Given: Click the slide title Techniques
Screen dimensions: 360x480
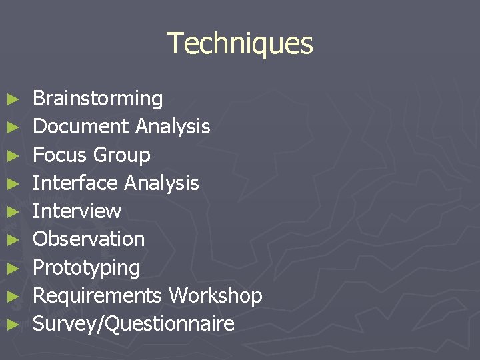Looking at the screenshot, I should point(239,43).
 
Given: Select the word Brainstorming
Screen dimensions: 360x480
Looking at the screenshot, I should point(97,99).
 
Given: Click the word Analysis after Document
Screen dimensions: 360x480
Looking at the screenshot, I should point(173,126).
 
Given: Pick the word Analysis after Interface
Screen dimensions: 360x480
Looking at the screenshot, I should point(161,183).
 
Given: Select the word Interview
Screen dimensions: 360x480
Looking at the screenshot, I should point(77,211).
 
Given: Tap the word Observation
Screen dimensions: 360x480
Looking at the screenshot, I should point(89,239).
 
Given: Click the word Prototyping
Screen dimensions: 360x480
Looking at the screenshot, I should point(86,268).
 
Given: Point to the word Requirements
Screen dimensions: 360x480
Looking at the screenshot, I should point(97,295).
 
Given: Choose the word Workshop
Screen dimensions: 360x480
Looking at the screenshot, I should point(215,295).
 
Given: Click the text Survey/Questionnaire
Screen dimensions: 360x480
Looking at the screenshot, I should point(133,324).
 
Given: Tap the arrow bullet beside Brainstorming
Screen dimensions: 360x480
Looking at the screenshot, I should point(12,99).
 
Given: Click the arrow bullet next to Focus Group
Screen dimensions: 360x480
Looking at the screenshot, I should point(12,155).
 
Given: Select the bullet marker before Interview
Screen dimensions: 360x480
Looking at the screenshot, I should point(12,212).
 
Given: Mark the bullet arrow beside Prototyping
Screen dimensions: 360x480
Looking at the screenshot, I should point(12,269).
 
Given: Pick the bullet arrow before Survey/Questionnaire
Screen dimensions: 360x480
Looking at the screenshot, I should point(12,325).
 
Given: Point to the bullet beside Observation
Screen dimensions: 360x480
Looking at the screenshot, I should point(12,240).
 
